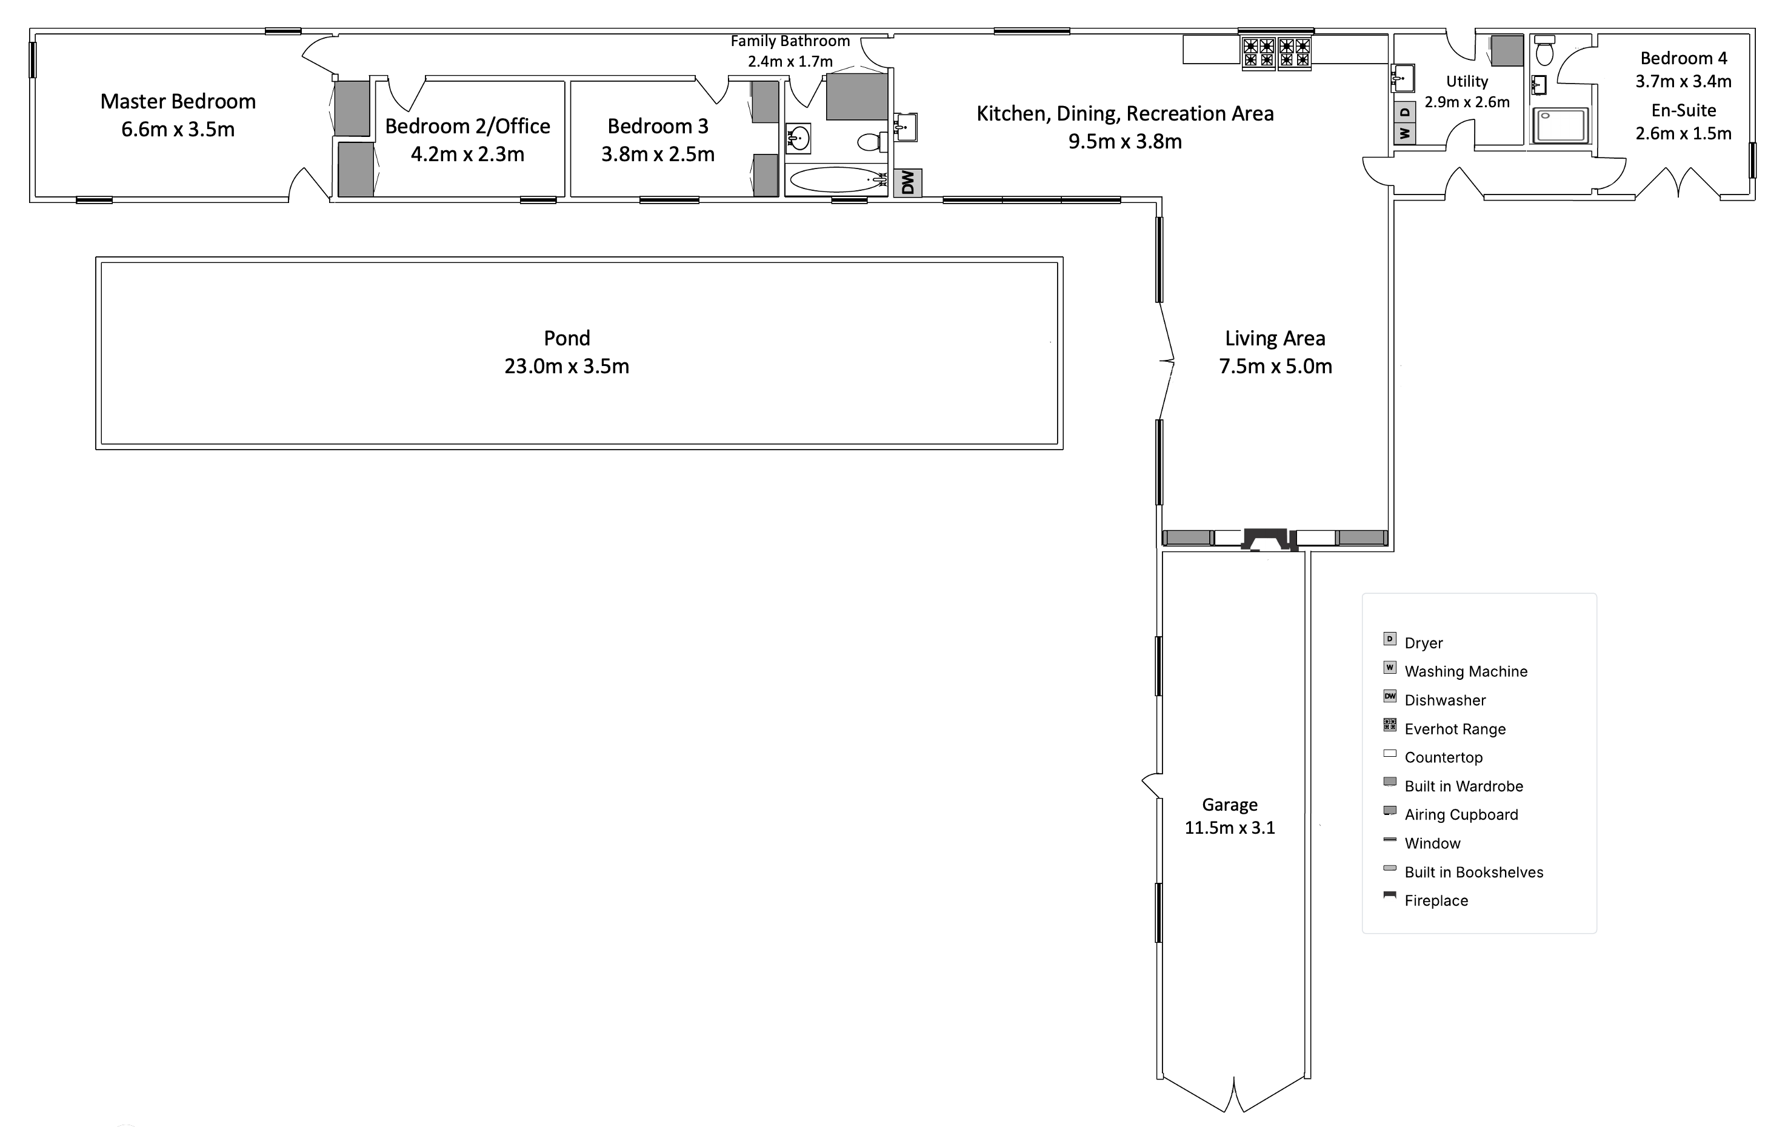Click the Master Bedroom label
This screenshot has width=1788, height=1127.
tap(178, 102)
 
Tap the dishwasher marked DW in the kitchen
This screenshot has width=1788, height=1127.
tap(907, 182)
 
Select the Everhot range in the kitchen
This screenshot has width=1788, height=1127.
tap(1276, 53)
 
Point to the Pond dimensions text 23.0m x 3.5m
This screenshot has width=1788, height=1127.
tap(567, 367)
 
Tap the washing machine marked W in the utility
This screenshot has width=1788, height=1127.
tap(1404, 134)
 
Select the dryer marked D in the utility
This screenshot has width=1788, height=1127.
tap(1404, 113)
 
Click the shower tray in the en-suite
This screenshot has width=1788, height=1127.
tap(1563, 125)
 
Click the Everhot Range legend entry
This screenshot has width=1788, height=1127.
tap(1455, 729)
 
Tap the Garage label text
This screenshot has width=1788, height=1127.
tap(1230, 805)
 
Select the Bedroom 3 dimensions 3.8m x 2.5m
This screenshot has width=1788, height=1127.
tap(658, 155)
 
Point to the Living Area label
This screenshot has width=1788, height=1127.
tap(1275, 339)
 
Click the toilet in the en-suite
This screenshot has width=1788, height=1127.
tap(1544, 52)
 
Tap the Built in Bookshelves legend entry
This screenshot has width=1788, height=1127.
tap(1473, 873)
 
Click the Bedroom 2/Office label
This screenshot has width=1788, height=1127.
tap(468, 126)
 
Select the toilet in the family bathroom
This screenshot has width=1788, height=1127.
tap(870, 141)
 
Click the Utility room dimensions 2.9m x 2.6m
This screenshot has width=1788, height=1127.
tap(1467, 102)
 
